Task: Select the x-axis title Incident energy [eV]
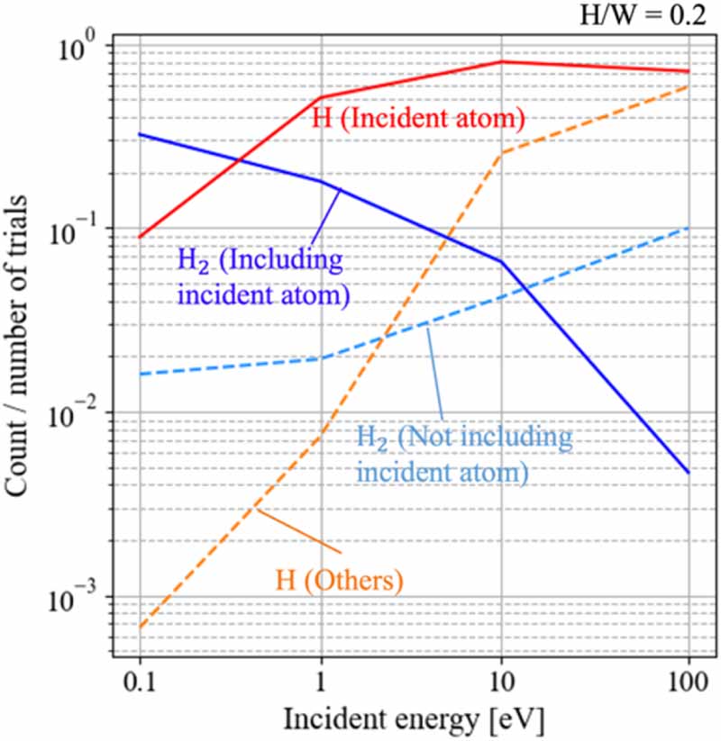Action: click(x=413, y=719)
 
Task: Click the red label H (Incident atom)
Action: click(x=418, y=118)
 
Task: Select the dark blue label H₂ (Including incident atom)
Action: click(x=260, y=276)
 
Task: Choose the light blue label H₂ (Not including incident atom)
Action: click(x=464, y=454)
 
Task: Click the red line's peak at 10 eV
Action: click(x=503, y=62)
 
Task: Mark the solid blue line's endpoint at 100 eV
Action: click(x=689, y=472)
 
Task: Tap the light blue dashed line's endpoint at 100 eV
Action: click(x=689, y=227)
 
